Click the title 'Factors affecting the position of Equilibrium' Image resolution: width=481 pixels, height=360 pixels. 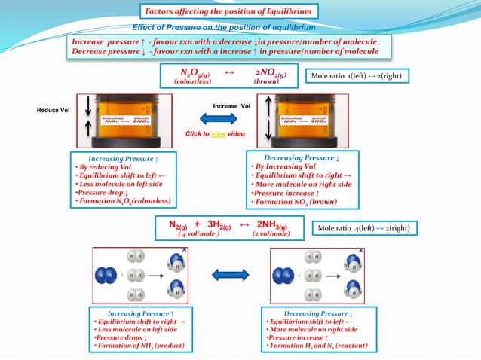228,11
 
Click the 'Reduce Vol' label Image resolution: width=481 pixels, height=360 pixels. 54,111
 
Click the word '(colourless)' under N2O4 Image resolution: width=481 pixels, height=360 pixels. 192,81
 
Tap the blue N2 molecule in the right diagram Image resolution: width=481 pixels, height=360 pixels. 287,275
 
